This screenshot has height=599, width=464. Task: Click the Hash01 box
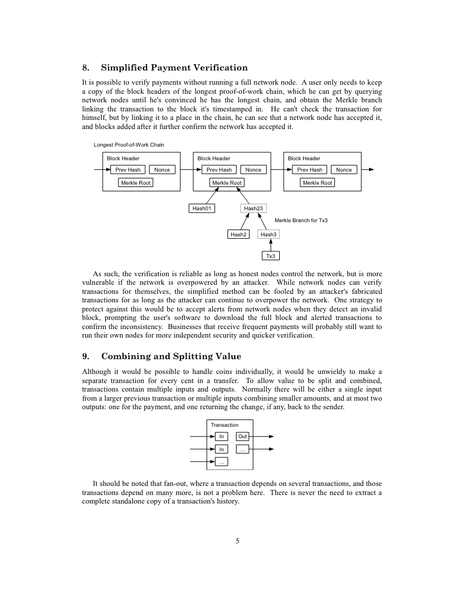(202, 209)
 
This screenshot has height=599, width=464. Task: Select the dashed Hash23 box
(253, 209)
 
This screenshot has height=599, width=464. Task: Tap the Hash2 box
(238, 234)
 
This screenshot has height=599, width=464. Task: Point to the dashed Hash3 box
(268, 234)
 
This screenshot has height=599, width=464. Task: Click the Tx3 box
(271, 256)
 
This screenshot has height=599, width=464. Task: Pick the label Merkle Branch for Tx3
(301, 220)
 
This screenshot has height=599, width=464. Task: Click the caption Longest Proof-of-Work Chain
(129, 145)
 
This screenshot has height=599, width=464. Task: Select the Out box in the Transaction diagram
(243, 436)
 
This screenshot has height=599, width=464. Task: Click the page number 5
(238, 540)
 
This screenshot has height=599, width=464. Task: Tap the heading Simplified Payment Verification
(174, 68)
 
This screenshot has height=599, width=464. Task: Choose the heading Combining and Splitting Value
(171, 356)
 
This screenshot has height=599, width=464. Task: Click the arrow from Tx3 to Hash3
(271, 245)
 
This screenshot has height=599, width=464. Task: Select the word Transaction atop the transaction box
(225, 425)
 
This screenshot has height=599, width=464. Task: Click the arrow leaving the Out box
(262, 436)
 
